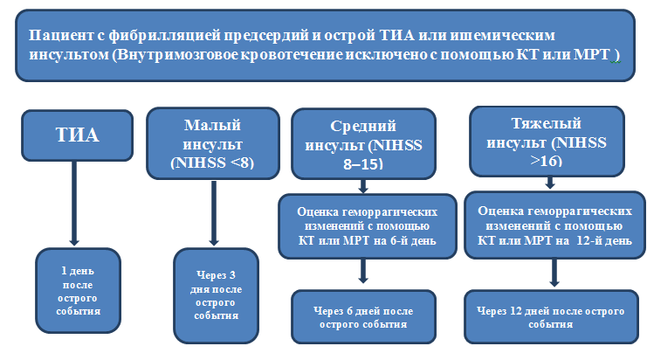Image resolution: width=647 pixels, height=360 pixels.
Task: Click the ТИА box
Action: [77, 135]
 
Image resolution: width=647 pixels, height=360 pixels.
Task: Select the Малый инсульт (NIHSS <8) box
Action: [213, 143]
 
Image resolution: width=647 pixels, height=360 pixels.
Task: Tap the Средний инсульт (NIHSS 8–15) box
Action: [363, 143]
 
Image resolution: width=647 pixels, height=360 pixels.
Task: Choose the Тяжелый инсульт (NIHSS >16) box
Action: [547, 142]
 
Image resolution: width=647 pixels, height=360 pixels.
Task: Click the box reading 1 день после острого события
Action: [78, 290]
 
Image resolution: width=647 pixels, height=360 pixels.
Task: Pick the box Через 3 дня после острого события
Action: [216, 295]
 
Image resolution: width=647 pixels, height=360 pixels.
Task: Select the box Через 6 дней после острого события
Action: [363, 316]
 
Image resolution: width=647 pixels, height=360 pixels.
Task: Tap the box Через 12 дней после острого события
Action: [551, 316]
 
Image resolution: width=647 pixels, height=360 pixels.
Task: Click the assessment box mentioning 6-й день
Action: [368, 226]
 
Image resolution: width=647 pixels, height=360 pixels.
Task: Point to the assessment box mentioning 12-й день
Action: [554, 225]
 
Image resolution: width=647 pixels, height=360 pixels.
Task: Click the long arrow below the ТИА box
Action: [74, 203]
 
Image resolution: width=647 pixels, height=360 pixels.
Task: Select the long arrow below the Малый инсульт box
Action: [214, 213]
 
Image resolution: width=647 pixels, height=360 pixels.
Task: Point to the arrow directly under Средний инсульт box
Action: [363, 186]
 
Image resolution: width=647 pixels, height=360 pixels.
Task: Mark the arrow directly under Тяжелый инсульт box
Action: [549, 183]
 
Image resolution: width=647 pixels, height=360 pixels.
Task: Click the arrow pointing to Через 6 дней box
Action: [363, 271]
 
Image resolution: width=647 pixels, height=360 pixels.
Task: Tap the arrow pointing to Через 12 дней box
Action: [554, 273]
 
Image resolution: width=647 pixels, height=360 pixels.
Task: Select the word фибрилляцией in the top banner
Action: [166, 36]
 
